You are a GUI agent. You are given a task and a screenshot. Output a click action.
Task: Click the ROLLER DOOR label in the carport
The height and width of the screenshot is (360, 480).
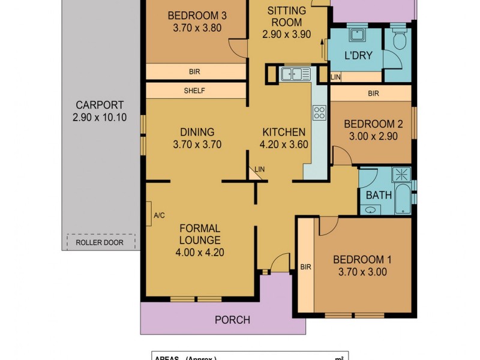100,242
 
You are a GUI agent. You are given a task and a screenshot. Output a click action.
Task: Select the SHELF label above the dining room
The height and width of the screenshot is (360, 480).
194,91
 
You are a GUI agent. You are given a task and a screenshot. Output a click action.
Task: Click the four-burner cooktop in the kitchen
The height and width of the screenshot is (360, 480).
319,112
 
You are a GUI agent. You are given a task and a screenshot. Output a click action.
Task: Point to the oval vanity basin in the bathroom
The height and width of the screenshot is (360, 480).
371,209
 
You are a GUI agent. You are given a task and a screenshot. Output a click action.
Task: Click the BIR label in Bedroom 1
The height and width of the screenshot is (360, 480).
305,267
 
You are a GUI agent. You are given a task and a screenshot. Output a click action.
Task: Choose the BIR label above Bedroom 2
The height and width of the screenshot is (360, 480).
373,94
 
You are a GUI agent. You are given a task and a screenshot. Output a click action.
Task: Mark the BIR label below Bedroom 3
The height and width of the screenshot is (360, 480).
194,72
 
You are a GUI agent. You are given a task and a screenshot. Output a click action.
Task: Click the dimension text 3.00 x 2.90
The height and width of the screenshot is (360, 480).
373,136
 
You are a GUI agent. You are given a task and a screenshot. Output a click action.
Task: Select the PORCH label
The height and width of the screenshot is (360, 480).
232,320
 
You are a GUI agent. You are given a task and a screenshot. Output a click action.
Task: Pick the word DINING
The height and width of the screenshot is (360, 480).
197,132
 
